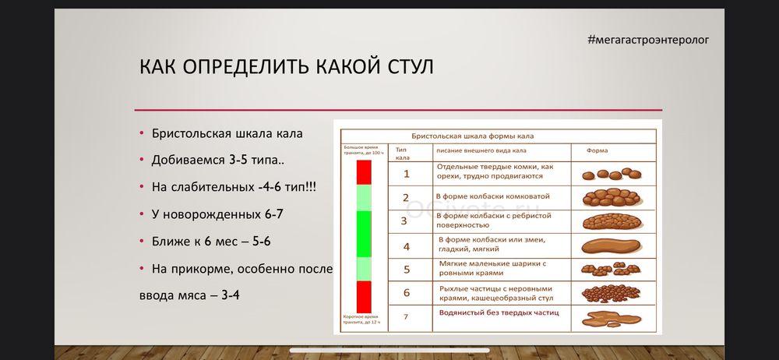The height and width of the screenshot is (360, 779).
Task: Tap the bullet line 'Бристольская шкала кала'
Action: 227,133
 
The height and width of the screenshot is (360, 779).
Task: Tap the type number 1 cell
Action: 406,173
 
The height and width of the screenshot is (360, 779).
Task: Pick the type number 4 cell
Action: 406,246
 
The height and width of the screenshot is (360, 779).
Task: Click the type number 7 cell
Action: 405,316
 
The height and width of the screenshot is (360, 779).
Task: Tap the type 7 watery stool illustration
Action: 612,316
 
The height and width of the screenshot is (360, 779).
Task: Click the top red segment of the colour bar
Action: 364,172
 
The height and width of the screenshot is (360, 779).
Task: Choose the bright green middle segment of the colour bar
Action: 364,234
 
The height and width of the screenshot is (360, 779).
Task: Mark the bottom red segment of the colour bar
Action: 364,296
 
